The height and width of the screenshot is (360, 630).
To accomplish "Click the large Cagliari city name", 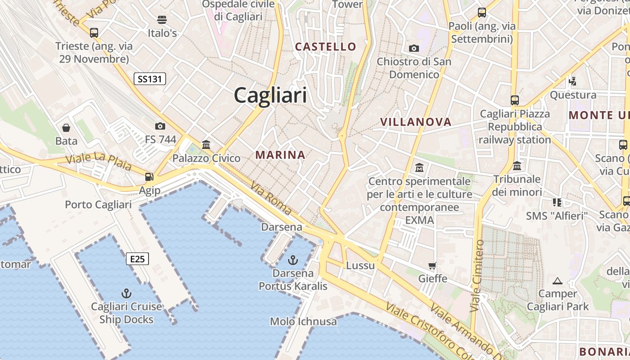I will (x=270, y=95).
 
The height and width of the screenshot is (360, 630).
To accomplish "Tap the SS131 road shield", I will (x=150, y=79).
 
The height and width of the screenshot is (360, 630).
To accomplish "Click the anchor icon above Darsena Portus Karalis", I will (x=293, y=260).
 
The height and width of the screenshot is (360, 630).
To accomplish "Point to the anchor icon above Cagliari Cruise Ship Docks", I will (x=126, y=293).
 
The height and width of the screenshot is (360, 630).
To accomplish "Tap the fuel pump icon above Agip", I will (x=149, y=177).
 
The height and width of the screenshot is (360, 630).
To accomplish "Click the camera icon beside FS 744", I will (x=160, y=126).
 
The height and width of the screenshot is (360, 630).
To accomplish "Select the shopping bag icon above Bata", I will (x=66, y=128).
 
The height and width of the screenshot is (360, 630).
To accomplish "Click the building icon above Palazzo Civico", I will (x=207, y=144).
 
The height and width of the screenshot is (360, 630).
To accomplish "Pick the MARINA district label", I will (x=280, y=155).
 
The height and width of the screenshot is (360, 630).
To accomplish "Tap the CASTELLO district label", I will (x=325, y=46).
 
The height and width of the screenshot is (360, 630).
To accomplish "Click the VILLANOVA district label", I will (x=415, y=122).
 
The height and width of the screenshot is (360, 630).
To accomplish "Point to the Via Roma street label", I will (x=271, y=198).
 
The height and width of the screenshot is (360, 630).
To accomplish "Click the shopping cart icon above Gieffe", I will (x=432, y=265).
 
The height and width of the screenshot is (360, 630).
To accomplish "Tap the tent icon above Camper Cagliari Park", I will (x=558, y=281).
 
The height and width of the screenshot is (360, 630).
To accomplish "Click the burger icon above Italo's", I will (x=162, y=20).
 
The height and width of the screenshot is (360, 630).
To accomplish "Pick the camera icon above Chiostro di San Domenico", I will (x=414, y=48).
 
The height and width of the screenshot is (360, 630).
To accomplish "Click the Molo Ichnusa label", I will (x=303, y=321).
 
